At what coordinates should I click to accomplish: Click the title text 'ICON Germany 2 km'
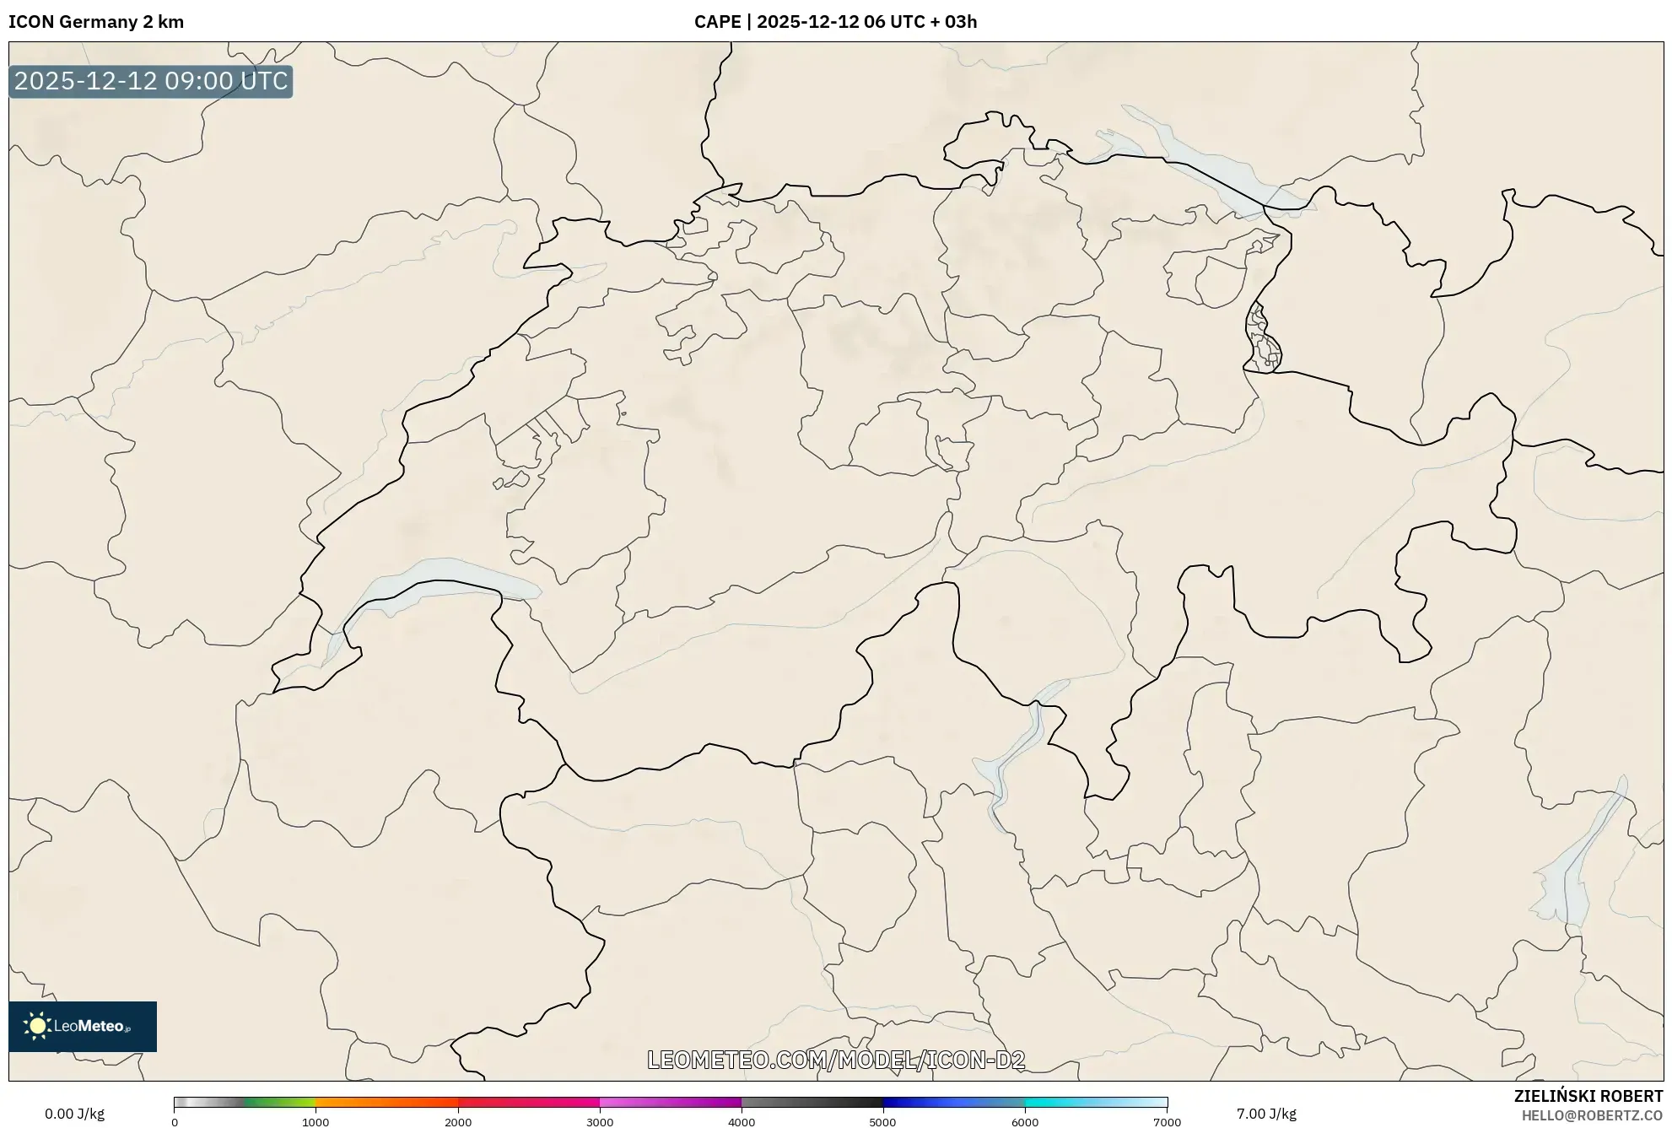96,22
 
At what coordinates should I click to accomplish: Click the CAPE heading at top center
835,22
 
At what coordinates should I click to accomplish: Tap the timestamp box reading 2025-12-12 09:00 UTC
151,81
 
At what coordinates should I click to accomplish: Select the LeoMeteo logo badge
83,1026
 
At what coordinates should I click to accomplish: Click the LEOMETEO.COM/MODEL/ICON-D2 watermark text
836,1060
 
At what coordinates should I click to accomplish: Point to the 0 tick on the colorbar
175,1122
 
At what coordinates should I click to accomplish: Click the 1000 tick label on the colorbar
316,1122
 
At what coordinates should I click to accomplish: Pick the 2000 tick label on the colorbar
458,1122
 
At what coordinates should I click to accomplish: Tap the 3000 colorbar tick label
600,1122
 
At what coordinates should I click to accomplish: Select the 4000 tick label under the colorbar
742,1122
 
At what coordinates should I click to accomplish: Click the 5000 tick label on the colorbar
883,1122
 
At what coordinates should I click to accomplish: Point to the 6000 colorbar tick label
1025,1122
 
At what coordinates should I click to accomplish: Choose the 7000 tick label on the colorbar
1167,1122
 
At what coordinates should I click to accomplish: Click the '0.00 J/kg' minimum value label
74,1114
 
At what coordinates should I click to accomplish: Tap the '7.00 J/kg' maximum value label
1266,1114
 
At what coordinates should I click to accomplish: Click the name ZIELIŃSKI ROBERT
1588,1096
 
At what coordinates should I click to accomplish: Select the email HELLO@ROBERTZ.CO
1592,1115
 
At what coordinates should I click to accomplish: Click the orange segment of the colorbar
371,1102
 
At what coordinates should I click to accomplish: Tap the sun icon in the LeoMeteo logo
37,1026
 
